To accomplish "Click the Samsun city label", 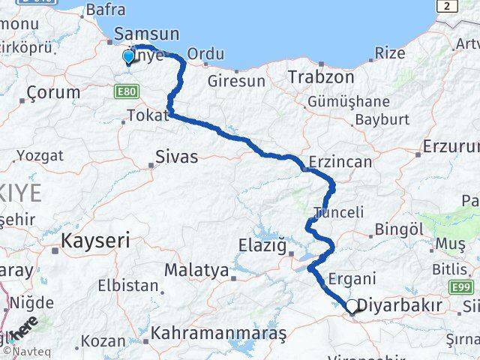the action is point(146,34).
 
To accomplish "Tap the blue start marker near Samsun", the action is point(128,56).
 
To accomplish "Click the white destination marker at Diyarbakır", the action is point(351,306).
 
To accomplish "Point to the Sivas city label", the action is point(177,157).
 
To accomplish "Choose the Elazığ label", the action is point(262,244).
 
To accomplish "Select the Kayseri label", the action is point(95,241).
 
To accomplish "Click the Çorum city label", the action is point(53,93).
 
